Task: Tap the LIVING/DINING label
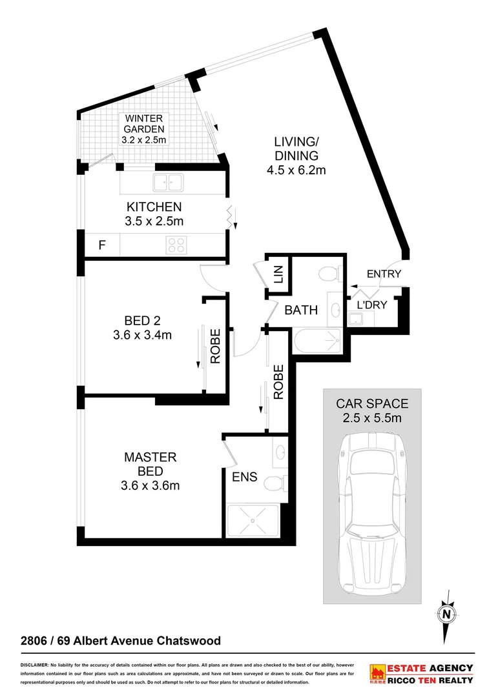click(x=296, y=156)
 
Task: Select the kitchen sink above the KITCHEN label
click(x=170, y=183)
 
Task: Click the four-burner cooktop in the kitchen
click(x=177, y=245)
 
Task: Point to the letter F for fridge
click(x=101, y=245)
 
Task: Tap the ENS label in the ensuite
click(x=245, y=477)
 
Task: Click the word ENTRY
click(x=384, y=274)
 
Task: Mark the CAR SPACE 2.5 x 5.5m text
click(x=372, y=410)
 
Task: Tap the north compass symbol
click(x=446, y=613)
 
